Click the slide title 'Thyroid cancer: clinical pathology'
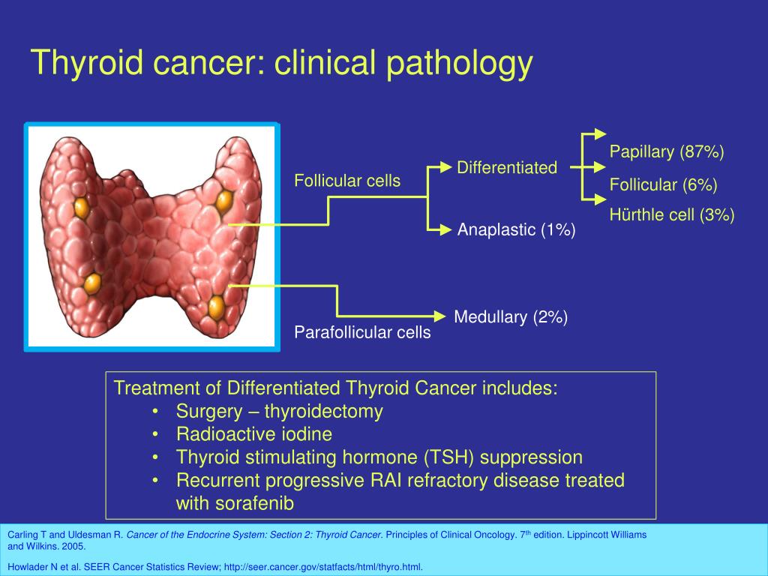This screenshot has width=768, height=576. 282,63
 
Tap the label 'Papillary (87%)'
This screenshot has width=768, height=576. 667,151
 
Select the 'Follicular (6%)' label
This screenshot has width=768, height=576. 663,184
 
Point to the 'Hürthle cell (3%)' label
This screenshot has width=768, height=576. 672,214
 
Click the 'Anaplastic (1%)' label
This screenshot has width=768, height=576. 516,229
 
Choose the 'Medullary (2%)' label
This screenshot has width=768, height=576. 511,316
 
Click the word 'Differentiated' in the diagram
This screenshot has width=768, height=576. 507,167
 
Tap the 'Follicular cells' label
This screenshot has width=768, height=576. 347,181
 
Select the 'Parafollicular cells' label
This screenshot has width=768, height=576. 362,332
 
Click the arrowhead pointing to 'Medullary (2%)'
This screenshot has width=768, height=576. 439,316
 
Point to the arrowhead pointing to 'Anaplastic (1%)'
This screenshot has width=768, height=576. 445,229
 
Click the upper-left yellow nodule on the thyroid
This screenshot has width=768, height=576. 81,208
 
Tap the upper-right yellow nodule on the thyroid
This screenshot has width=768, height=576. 224,201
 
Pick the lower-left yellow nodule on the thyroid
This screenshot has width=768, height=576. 92,283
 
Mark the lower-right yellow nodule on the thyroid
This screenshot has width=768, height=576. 217,307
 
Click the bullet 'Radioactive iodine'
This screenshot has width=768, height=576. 254,434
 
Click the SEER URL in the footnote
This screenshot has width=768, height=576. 323,567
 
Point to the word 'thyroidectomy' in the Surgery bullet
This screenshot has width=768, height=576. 324,412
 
